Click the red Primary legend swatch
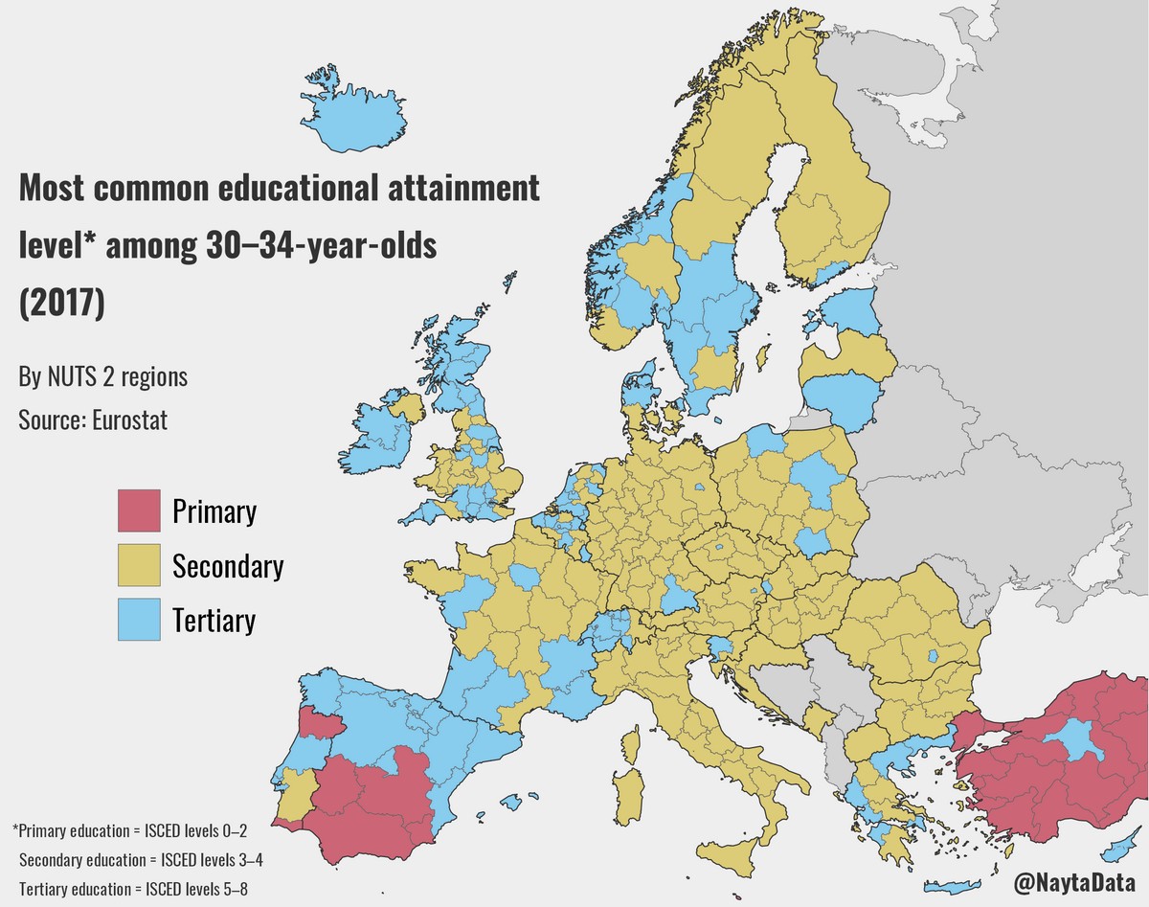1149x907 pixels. [140, 510]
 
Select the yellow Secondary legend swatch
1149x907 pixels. [140, 565]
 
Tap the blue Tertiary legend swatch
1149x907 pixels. [140, 620]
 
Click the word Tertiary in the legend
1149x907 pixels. [214, 621]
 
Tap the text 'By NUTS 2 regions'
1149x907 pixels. [102, 377]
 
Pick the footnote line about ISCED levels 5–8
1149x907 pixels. [133, 887]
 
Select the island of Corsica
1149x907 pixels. [632, 743]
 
